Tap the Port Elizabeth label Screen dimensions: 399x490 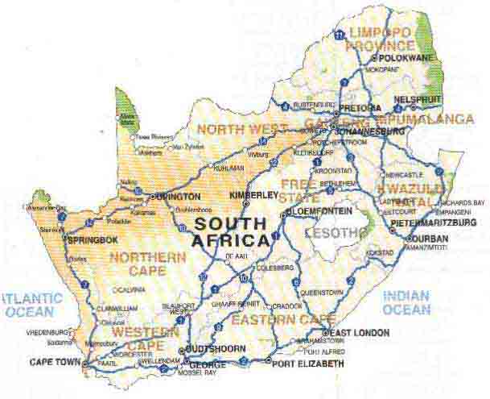tap(308, 364)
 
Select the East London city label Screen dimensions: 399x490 tap(360, 332)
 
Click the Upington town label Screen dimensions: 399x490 tap(178, 196)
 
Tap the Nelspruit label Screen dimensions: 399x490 tap(418, 100)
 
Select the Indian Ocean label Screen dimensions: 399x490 tap(406, 303)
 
